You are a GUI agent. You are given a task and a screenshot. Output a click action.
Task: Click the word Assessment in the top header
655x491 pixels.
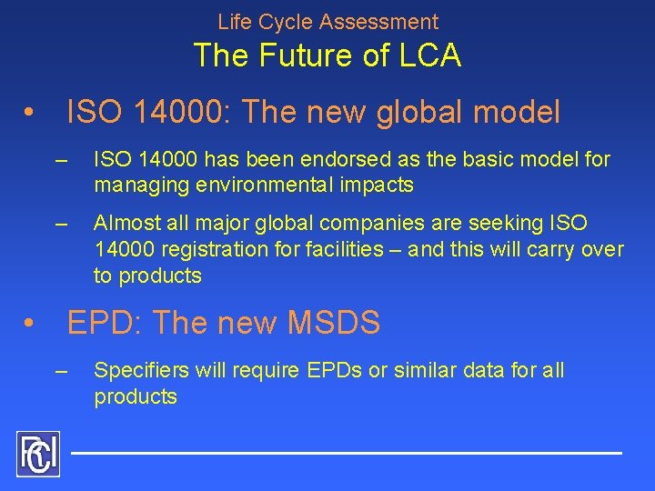(384, 22)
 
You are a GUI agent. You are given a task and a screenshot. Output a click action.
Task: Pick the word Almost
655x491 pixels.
(124, 223)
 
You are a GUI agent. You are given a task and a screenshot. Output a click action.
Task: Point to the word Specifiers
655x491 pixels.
(137, 371)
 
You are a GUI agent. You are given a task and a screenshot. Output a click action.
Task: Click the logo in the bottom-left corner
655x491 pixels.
(37, 454)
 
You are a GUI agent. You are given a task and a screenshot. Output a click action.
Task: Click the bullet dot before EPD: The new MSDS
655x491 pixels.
(30, 324)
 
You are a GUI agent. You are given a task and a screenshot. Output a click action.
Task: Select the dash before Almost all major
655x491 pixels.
(62, 224)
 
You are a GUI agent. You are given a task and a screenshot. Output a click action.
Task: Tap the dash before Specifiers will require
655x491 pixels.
(62, 371)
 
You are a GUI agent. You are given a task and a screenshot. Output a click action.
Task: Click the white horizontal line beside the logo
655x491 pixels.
(346, 452)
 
